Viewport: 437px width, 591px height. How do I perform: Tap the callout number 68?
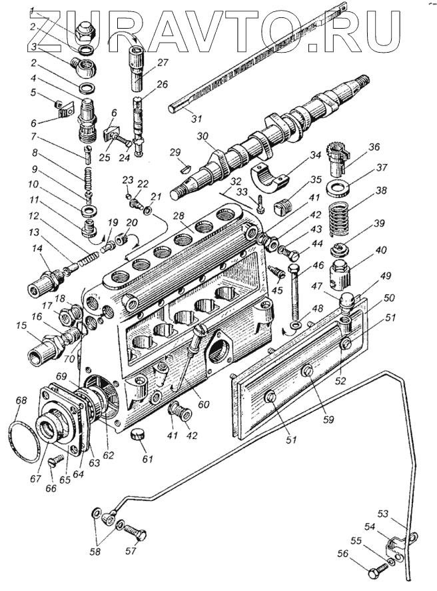point(22,401)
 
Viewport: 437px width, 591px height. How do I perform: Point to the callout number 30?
point(202,136)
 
